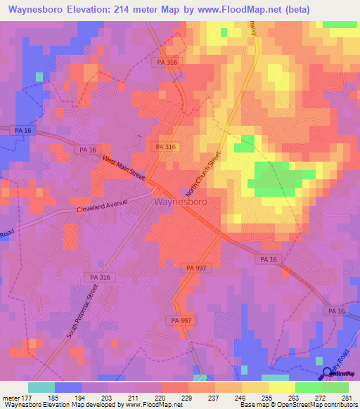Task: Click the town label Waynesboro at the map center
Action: click(181, 202)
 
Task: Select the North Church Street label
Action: click(204, 173)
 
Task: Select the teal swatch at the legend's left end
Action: click(41, 387)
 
